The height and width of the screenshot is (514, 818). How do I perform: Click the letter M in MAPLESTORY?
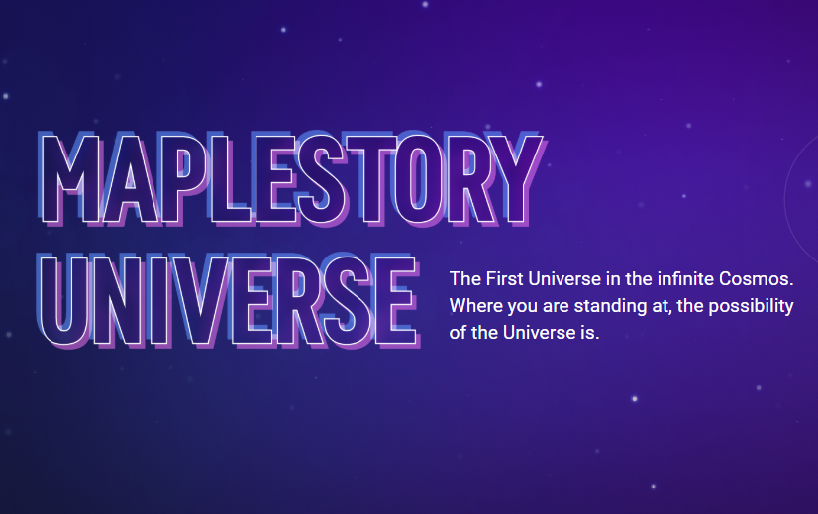click(x=70, y=179)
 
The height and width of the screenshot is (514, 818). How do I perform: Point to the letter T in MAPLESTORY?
click(x=372, y=179)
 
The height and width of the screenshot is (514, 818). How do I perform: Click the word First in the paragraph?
click(x=504, y=278)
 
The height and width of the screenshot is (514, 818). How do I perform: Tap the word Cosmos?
click(x=757, y=278)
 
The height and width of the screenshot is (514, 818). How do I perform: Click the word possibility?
click(x=751, y=306)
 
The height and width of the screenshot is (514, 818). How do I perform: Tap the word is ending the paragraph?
click(x=590, y=333)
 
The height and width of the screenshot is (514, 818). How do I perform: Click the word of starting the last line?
click(x=459, y=333)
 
